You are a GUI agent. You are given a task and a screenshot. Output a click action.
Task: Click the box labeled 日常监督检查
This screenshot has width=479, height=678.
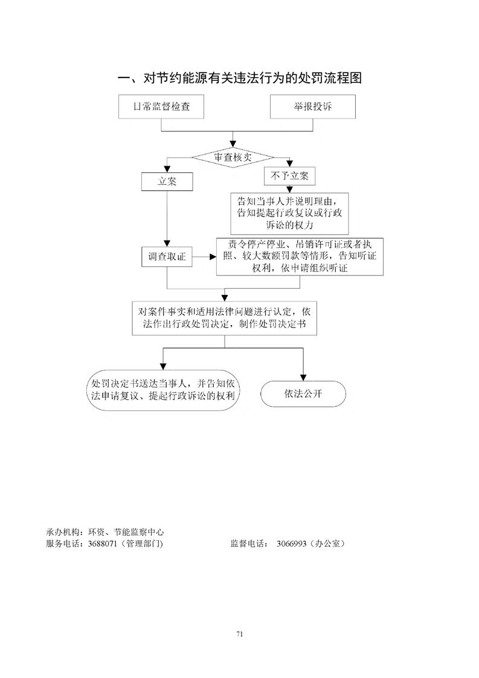click(161, 107)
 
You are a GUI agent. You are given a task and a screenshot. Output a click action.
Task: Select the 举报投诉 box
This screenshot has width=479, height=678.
click(312, 107)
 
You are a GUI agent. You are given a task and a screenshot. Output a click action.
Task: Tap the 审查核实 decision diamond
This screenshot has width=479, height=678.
click(233, 157)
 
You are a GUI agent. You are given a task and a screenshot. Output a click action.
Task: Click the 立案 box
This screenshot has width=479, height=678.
click(167, 182)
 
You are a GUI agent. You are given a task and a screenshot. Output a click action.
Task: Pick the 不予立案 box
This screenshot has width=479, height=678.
click(290, 176)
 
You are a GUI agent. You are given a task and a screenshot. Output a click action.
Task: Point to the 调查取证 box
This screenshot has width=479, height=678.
click(167, 257)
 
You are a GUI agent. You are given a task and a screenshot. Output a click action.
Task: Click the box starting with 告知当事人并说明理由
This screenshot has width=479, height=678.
click(289, 213)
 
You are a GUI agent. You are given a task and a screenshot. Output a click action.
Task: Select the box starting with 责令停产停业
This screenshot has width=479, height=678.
click(300, 256)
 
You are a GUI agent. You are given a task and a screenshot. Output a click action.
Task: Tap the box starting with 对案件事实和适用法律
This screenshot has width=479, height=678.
click(224, 318)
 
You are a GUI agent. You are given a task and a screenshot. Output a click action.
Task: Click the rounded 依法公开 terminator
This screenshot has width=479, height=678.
click(303, 393)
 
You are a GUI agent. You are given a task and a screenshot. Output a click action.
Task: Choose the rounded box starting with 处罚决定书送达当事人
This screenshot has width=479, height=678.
click(163, 390)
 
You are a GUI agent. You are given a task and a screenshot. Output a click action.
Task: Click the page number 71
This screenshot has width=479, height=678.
click(239, 634)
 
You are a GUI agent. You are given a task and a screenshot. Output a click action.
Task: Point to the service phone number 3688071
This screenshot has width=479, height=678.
click(103, 544)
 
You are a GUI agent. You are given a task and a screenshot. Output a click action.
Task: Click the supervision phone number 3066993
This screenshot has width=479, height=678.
click(291, 544)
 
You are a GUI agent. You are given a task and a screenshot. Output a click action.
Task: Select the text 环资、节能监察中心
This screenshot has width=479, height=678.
click(126, 532)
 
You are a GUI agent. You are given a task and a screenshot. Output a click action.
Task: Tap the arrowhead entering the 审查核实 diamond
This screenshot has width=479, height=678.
click(233, 144)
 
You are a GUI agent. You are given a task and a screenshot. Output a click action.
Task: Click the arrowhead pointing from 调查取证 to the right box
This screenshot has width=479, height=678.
click(213, 257)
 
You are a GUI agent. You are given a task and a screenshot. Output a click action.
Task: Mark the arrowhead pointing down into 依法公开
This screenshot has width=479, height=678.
click(303, 378)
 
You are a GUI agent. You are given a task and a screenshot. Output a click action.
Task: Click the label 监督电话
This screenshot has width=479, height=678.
click(249, 544)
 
